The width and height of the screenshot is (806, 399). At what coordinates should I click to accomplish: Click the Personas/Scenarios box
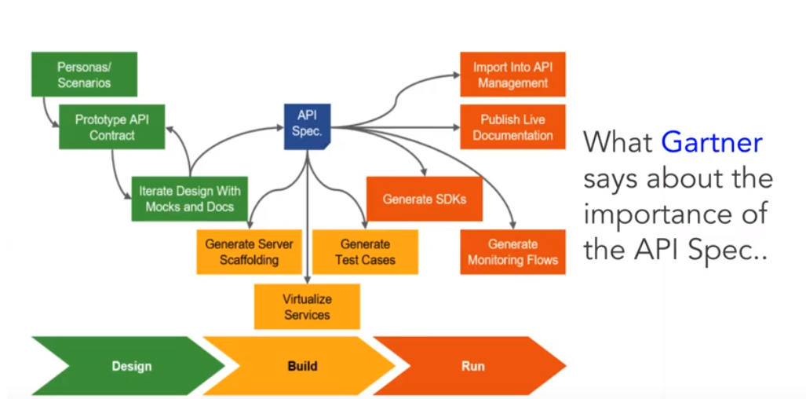pyautogui.click(x=84, y=75)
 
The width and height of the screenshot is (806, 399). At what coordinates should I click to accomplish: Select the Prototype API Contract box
pyautogui.click(x=111, y=127)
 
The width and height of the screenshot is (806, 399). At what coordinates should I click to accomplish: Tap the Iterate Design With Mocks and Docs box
pyautogui.click(x=189, y=198)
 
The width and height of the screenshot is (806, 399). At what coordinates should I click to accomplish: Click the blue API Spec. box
pyautogui.click(x=307, y=124)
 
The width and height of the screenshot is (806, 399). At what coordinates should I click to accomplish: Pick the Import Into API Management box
pyautogui.click(x=512, y=75)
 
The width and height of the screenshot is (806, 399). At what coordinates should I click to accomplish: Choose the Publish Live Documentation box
pyautogui.click(x=512, y=127)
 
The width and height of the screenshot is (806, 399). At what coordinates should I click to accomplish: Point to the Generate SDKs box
pyautogui.click(x=424, y=199)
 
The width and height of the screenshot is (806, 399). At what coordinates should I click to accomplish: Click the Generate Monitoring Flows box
pyautogui.click(x=512, y=252)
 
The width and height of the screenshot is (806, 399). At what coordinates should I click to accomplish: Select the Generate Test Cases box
pyautogui.click(x=365, y=252)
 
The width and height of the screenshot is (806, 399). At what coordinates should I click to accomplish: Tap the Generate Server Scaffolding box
pyautogui.click(x=248, y=252)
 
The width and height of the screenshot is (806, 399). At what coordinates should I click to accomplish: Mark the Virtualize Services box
pyautogui.click(x=307, y=306)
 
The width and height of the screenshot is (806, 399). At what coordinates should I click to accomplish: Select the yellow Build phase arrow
pyautogui.click(x=301, y=366)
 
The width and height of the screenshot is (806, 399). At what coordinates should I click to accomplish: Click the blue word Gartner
pyautogui.click(x=712, y=142)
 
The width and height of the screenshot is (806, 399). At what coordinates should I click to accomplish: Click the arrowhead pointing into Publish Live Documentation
pyautogui.click(x=454, y=126)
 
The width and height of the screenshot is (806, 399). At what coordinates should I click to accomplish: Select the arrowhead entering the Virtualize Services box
pyautogui.click(x=307, y=279)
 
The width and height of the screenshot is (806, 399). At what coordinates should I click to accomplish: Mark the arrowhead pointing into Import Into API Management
pyautogui.click(x=454, y=75)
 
